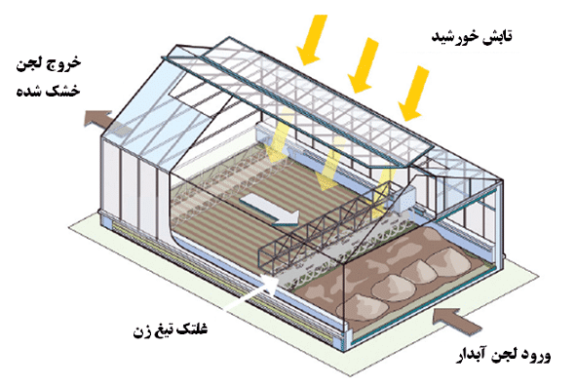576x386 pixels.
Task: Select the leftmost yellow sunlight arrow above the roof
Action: click(x=313, y=36)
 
